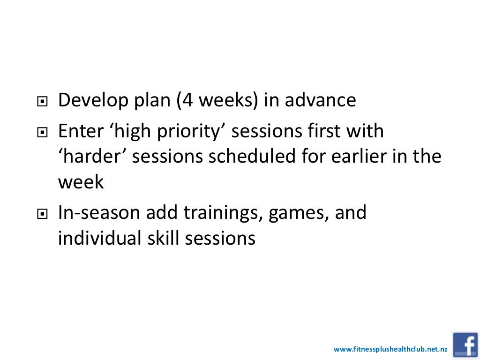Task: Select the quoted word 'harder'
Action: (92, 157)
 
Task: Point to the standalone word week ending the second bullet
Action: (81, 182)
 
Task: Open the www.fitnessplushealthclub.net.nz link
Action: (390, 349)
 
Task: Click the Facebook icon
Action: (465, 345)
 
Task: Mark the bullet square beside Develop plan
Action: (43, 102)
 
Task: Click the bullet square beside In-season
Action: (43, 214)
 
